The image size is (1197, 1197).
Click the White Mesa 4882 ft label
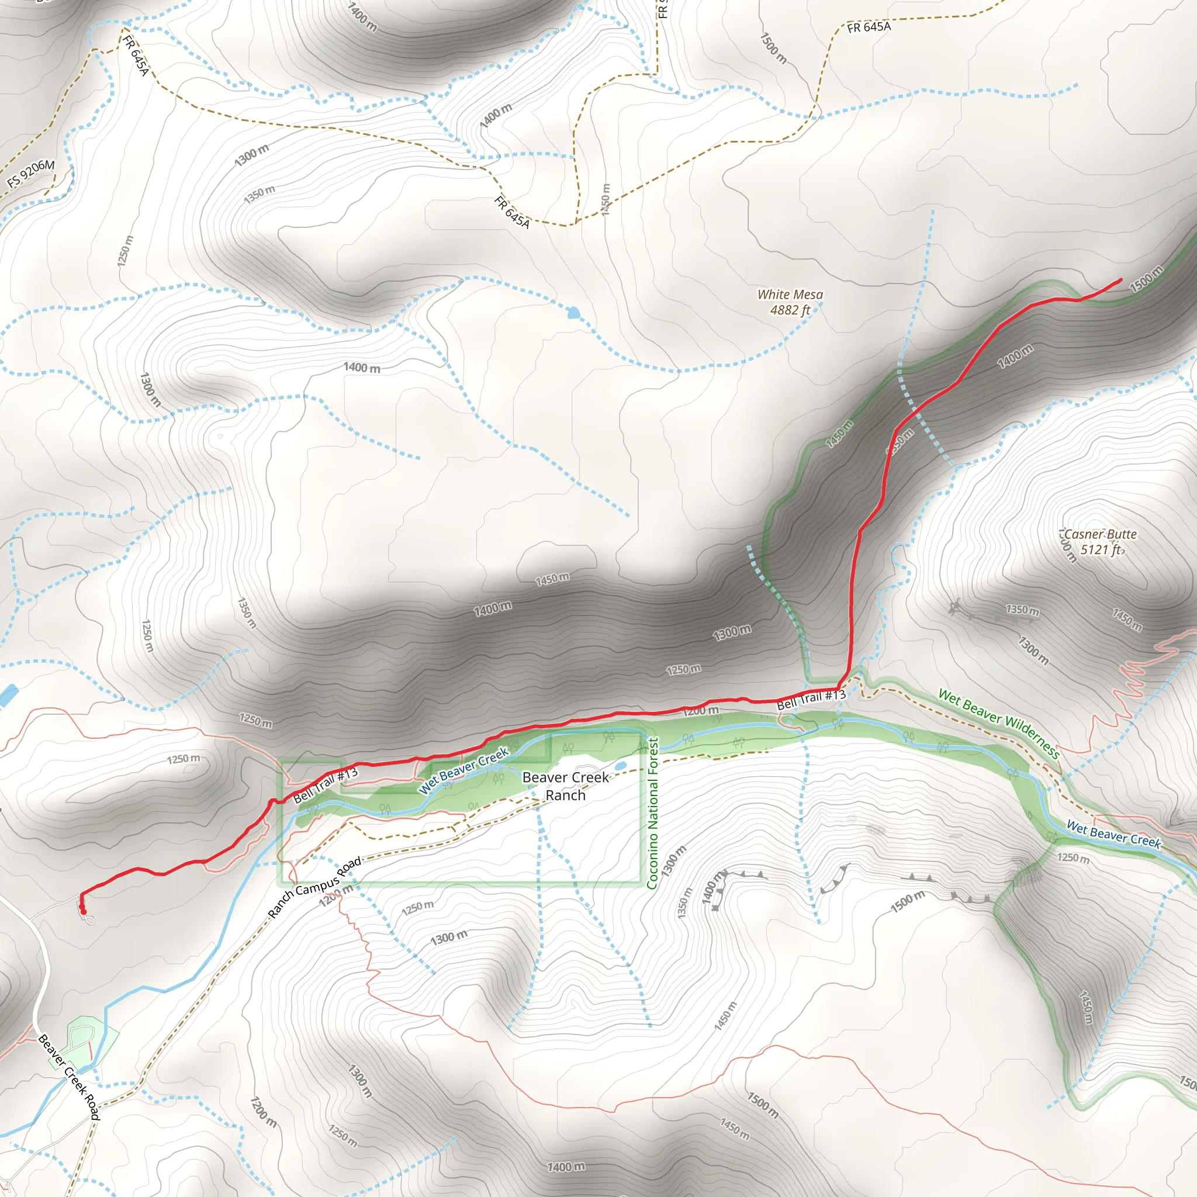point(790,302)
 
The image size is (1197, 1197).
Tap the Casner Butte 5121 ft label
point(1101,541)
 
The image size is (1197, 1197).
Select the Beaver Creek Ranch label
point(565,786)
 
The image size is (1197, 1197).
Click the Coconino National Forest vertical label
point(652,812)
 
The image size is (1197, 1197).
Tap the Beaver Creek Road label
point(69,1077)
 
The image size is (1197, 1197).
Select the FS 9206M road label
point(31,174)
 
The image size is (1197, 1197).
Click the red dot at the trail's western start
point(83,911)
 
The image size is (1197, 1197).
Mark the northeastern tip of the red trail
point(1120,280)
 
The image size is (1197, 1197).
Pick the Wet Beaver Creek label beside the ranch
point(463,770)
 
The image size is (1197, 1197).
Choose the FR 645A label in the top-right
point(869,27)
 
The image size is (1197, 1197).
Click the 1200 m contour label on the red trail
point(701,711)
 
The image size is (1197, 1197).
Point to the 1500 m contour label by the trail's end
point(1146,278)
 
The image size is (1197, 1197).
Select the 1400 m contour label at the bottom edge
point(566,1167)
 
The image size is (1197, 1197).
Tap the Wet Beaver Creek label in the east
point(1113,834)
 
